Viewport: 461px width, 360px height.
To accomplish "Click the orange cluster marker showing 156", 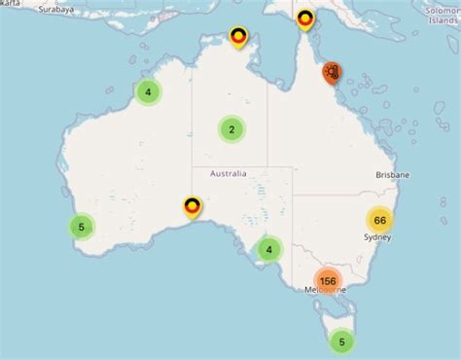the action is coord(328,280).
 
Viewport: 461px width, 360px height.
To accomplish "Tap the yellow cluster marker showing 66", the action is coord(379,219).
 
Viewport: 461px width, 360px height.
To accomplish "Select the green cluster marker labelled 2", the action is coord(230,127).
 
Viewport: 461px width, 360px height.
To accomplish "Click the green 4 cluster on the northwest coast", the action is coord(148,92).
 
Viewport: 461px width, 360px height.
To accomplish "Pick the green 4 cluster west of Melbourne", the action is coord(268,249).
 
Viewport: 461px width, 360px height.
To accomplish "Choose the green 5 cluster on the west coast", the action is coord(82,228).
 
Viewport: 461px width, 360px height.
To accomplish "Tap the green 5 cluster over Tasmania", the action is coord(340,342).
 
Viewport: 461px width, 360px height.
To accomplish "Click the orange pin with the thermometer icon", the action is coord(334,71).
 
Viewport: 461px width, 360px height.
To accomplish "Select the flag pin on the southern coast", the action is coord(193,206).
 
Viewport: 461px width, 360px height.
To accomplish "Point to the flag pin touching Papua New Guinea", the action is coord(305,18).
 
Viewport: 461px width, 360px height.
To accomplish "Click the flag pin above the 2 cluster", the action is coord(239,38).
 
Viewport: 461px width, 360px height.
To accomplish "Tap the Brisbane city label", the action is coord(392,174).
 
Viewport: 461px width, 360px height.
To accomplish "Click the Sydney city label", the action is coord(377,236).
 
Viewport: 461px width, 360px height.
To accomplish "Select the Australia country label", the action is coord(228,173).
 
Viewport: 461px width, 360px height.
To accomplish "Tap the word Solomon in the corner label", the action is coord(443,9).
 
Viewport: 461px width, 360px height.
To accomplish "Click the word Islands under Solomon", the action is coord(443,20).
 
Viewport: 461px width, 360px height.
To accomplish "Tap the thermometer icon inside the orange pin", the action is coord(334,69).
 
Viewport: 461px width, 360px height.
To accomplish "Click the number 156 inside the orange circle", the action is coord(328,280).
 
